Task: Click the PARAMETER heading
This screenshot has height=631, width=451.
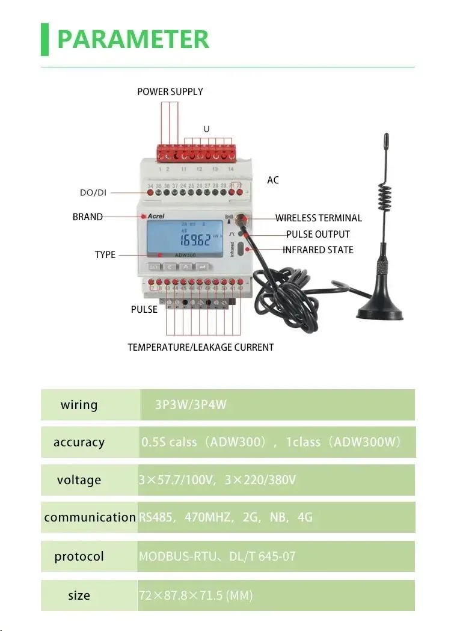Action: [133, 40]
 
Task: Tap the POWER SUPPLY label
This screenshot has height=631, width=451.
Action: [170, 92]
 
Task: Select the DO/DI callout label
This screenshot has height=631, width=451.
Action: [94, 193]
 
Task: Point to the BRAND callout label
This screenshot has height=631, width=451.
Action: [88, 217]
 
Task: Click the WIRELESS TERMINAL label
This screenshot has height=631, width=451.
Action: [319, 218]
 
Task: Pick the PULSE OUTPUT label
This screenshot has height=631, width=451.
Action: [318, 234]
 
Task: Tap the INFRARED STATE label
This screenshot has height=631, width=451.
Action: [318, 250]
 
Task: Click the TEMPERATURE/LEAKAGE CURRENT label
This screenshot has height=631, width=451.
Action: [200, 348]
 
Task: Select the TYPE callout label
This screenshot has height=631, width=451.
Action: [105, 255]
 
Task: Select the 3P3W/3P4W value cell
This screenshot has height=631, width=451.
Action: [191, 405]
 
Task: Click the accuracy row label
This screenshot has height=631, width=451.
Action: [79, 443]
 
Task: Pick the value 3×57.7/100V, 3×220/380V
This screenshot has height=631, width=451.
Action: [217, 481]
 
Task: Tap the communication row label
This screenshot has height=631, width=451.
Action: [90, 517]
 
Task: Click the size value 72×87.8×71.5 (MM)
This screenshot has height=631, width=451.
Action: [195, 596]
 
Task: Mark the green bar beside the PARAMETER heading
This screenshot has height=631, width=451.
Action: [44, 39]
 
